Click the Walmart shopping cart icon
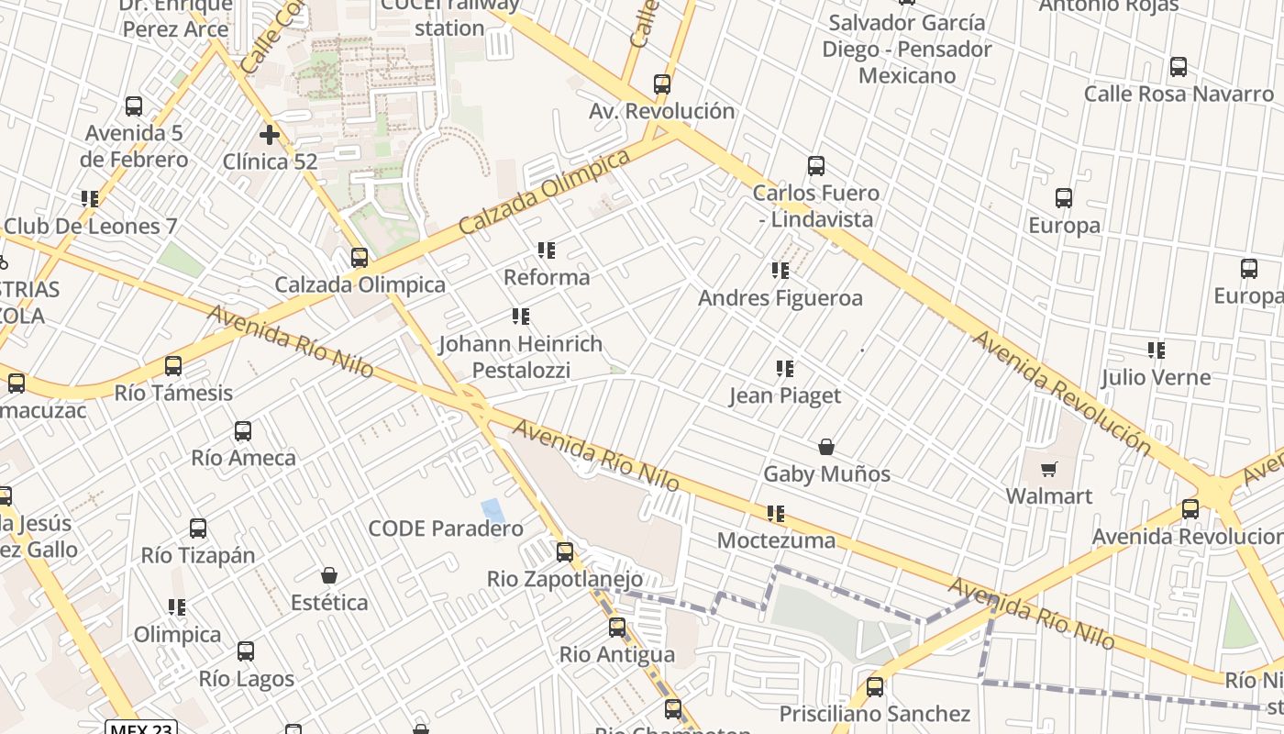[x=1049, y=470]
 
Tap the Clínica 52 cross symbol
[x=269, y=135]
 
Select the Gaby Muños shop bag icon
[x=826, y=447]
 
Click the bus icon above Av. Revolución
[x=662, y=84]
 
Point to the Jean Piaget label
[x=784, y=395]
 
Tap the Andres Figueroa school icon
[x=780, y=271]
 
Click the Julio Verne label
[x=1156, y=377]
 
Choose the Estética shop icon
[x=329, y=575]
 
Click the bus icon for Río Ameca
[x=243, y=430]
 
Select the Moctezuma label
[x=776, y=540]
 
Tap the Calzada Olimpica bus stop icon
[x=360, y=258]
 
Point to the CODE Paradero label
[x=446, y=528]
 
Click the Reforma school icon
[x=547, y=250]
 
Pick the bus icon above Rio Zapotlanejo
[x=565, y=551]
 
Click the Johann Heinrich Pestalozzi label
[x=520, y=357]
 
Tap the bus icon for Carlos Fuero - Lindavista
[x=816, y=166]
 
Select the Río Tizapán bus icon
[x=198, y=528]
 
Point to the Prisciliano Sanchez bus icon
[x=875, y=686]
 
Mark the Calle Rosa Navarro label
[x=1179, y=94]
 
